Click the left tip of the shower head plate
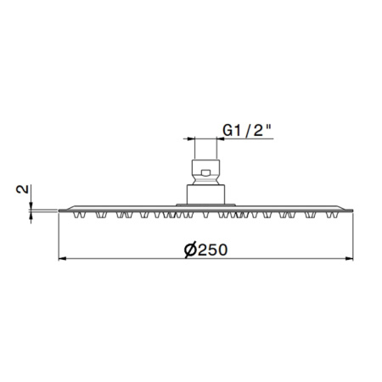click(61, 210)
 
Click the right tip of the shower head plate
click(351, 210)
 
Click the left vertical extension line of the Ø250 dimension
click(59, 238)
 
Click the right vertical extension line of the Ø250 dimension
click(352, 238)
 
